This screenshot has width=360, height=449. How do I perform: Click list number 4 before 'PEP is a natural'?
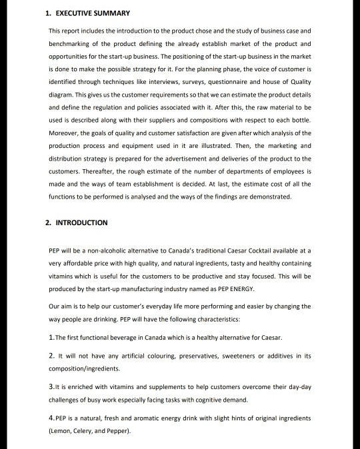[52, 418]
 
